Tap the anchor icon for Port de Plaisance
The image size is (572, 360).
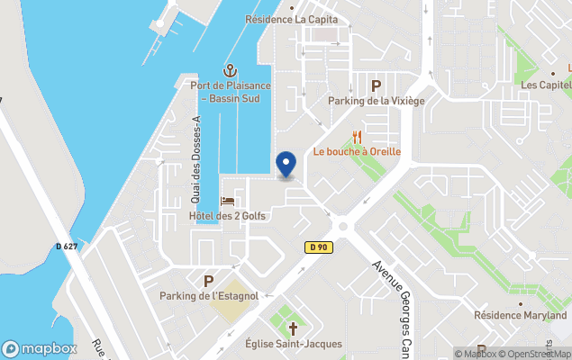click(x=230, y=70)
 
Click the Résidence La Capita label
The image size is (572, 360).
click(x=292, y=19)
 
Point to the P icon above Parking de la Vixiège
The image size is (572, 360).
click(x=376, y=85)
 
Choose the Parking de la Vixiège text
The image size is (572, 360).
click(x=376, y=101)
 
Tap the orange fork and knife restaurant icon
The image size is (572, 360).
click(x=358, y=137)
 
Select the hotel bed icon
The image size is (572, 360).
click(x=227, y=202)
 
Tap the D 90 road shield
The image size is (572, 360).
click(x=316, y=247)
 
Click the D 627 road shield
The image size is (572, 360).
click(x=65, y=247)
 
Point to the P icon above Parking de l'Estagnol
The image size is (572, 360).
click(x=209, y=281)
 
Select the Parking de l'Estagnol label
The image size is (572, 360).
click(x=209, y=296)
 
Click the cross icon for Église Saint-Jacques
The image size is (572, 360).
click(x=292, y=328)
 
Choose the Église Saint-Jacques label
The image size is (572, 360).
click(x=292, y=343)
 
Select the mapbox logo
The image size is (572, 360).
click(x=40, y=348)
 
